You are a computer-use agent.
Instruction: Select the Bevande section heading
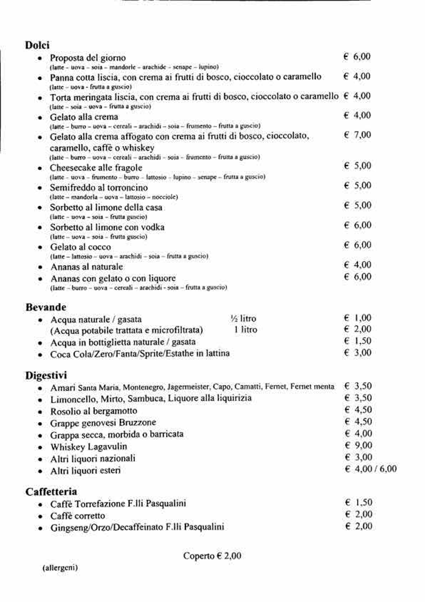46,307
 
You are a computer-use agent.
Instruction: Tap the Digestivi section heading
46,376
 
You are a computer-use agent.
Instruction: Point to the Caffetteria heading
51,492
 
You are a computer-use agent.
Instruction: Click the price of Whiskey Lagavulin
358,445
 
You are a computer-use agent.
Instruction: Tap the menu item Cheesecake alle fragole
96,168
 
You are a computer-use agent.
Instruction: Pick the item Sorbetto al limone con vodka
107,227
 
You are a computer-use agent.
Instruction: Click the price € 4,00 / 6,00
370,469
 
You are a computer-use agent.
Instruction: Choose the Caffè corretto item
78,516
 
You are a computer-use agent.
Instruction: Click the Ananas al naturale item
86,267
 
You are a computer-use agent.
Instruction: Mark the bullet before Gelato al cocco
40,248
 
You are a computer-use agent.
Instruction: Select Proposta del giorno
88,58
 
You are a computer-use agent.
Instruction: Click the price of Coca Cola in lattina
358,353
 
